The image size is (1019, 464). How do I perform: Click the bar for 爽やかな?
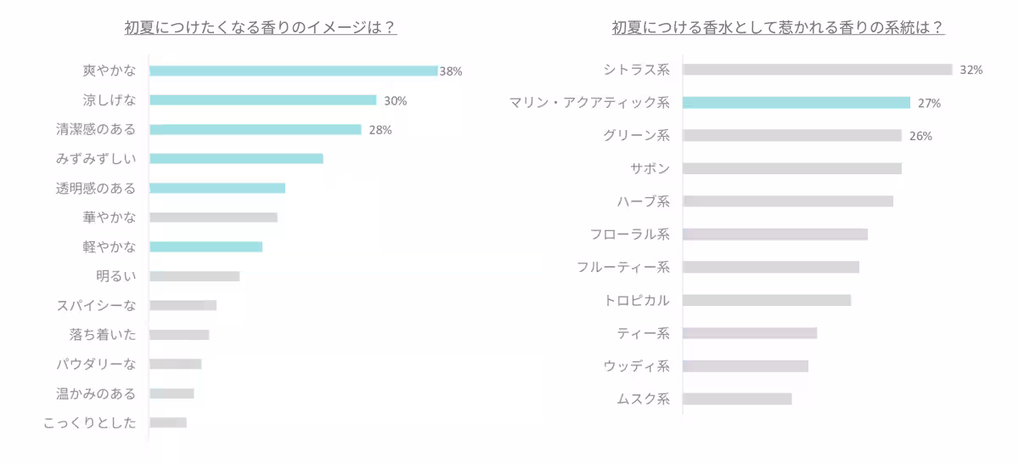point(293,71)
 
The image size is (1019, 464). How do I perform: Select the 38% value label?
point(451,71)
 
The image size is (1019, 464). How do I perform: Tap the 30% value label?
point(396,100)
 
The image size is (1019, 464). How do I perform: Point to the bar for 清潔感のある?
point(255,129)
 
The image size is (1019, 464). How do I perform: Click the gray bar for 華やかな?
point(213,218)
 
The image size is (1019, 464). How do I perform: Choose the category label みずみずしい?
point(96,159)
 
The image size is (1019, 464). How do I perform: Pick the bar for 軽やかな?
point(205,246)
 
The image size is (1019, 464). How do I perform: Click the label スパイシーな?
point(96,305)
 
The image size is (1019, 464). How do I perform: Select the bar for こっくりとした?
point(167,422)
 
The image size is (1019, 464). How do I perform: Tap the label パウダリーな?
point(96,364)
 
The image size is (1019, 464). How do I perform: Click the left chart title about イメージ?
point(261,27)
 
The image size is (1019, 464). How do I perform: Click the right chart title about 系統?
point(779,27)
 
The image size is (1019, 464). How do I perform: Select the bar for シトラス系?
point(817,70)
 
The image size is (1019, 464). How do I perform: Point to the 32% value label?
point(971,70)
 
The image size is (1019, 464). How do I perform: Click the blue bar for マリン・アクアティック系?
point(796,103)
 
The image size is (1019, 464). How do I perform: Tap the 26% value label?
point(920,136)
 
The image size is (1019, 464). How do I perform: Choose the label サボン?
point(650,168)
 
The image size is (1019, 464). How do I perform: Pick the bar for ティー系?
point(749,333)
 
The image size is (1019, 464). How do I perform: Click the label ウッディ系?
point(637,366)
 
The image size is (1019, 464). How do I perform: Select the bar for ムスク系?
point(736,399)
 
